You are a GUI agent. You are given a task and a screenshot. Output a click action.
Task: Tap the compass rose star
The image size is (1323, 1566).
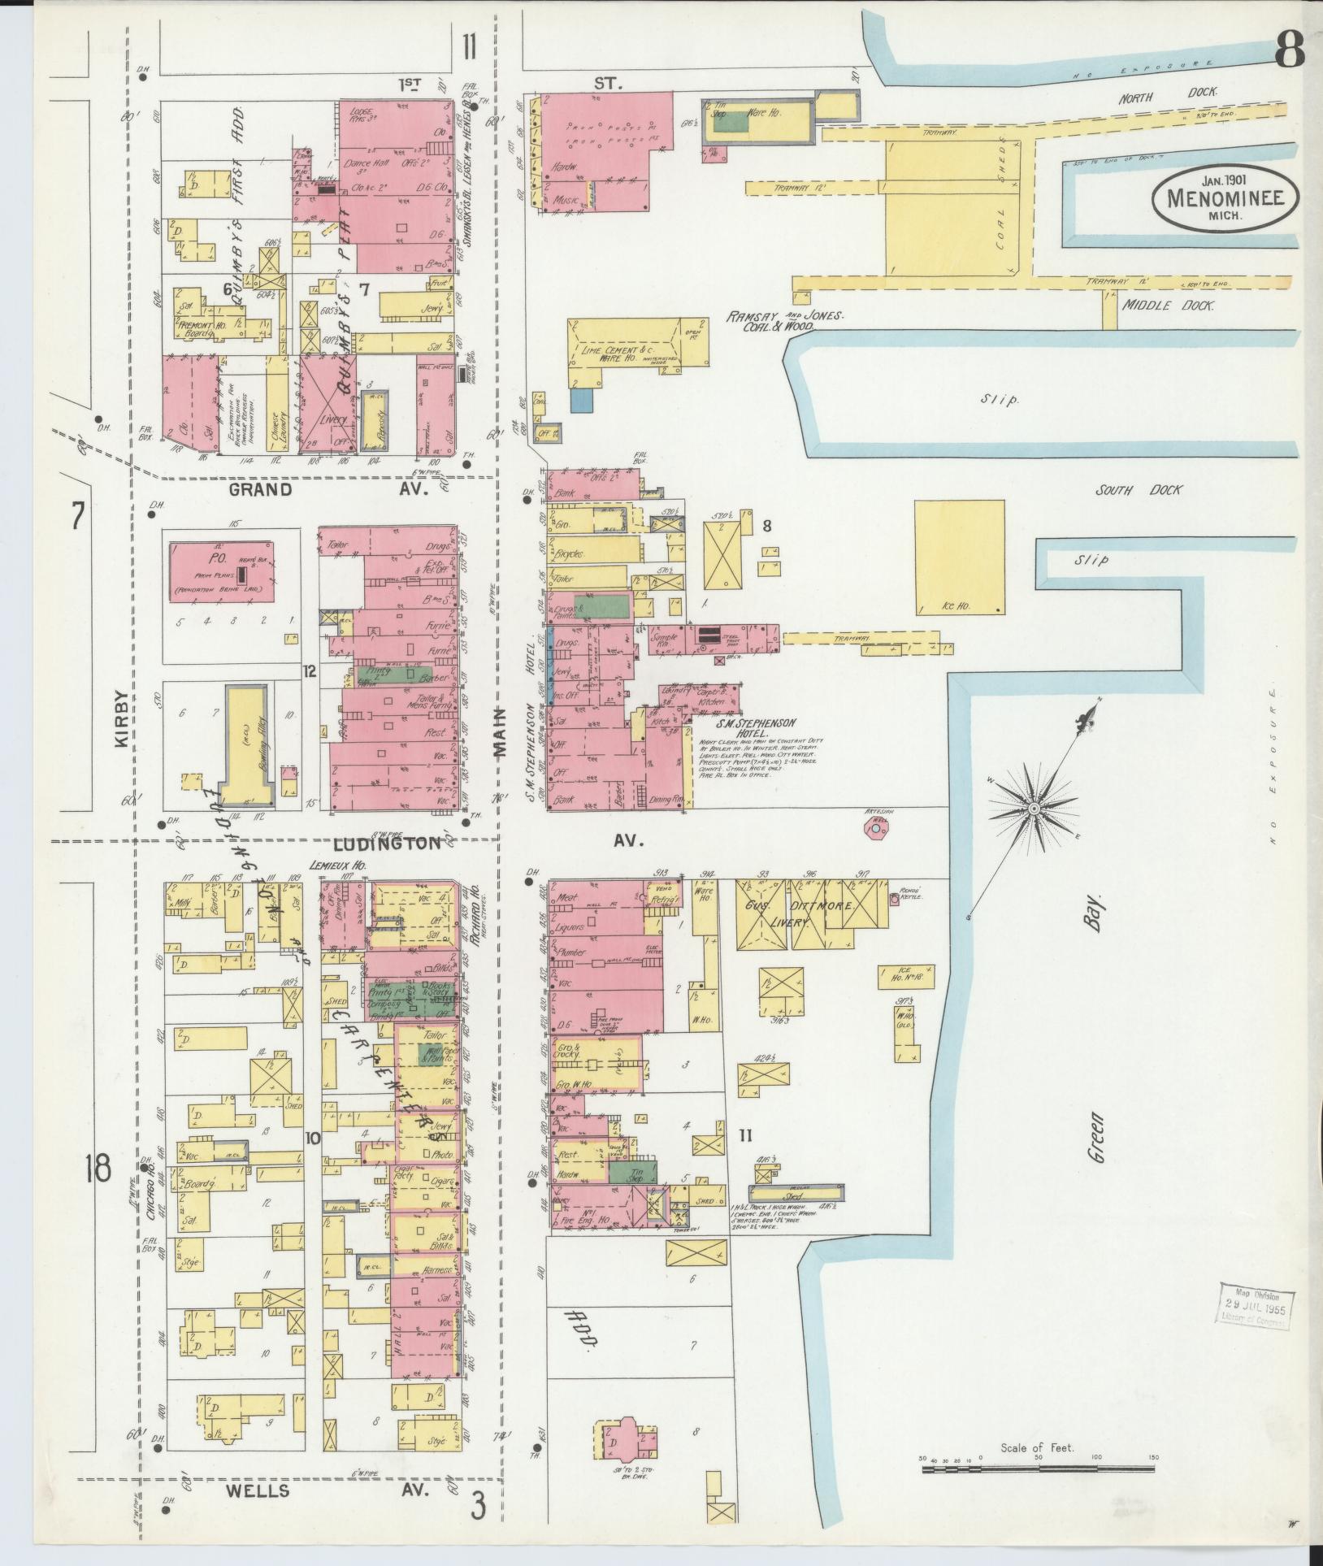[1034, 809]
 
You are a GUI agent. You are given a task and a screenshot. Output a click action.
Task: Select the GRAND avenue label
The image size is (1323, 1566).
[259, 489]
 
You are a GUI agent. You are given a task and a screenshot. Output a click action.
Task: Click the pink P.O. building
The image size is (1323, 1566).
[221, 572]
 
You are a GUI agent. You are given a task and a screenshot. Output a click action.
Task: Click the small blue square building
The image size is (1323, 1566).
[581, 400]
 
